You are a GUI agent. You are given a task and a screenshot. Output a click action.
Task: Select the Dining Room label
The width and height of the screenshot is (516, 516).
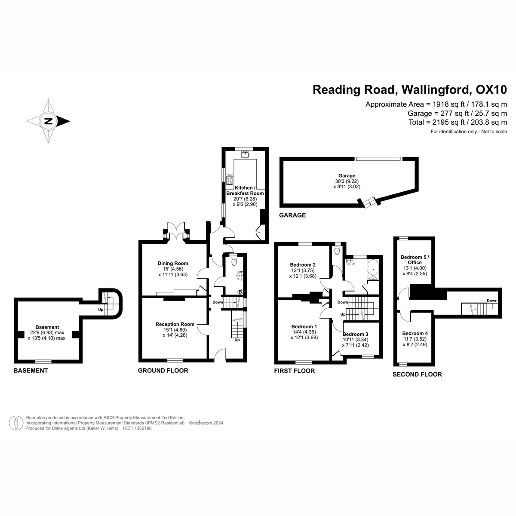tap(173, 264)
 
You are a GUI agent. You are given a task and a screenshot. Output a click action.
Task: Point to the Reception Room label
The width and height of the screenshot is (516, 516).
tap(175, 324)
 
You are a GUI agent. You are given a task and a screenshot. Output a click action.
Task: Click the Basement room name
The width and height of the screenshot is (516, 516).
tap(47, 327)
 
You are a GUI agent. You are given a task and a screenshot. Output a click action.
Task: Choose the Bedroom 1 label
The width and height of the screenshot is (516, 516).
tap(304, 326)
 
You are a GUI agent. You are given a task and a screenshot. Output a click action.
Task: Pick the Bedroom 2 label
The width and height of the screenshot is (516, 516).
tap(303, 264)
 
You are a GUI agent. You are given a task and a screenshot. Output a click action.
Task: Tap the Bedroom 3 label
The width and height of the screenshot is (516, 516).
tap(355, 334)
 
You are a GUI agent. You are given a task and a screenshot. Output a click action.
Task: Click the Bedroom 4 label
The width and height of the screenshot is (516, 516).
tap(415, 333)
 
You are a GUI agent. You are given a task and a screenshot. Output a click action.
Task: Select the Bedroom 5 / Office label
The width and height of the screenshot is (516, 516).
tap(415, 260)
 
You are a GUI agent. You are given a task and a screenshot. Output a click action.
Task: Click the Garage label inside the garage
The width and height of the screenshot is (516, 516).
tap(347, 175)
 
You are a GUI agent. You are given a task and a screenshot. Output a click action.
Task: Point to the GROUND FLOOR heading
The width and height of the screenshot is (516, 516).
tap(163, 370)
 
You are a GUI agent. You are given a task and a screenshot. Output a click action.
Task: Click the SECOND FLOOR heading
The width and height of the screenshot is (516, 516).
tap(417, 374)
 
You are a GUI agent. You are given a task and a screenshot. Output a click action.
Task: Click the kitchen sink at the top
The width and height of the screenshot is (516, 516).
tap(246, 154)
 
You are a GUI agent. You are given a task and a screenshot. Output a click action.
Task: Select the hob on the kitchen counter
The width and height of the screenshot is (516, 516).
tap(230, 179)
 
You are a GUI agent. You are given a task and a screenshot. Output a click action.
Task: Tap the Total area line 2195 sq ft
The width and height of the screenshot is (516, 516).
tap(458, 122)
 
